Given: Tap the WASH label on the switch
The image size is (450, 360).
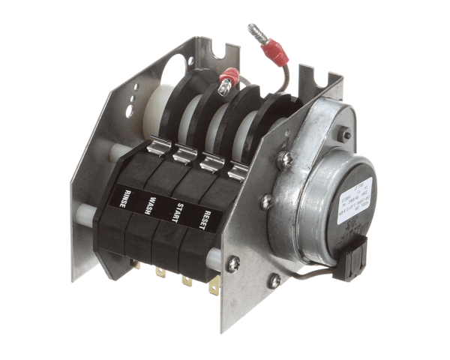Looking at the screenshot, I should click(x=152, y=205).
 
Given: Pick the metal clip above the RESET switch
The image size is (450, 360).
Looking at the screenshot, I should click(x=238, y=172).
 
